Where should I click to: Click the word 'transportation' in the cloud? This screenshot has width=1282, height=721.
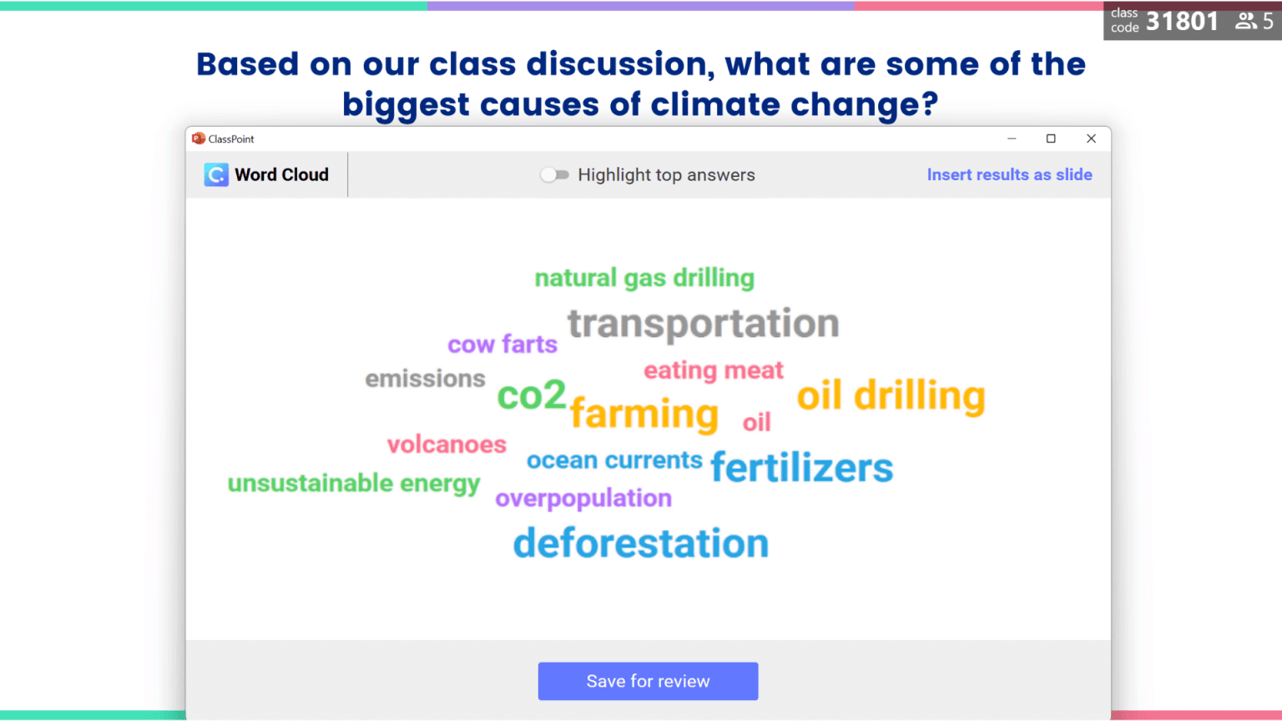tap(703, 324)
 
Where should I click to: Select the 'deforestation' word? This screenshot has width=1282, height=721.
tap(640, 543)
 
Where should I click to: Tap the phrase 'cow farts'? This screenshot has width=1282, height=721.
tap(502, 344)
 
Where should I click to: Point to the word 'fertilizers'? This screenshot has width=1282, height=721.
tap(801, 467)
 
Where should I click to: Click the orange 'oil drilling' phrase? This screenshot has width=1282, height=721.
tap(891, 396)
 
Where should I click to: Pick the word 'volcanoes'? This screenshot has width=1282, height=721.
tap(447, 444)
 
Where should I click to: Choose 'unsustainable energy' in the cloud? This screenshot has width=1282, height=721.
tap(353, 483)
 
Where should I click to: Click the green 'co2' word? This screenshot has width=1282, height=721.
tap(531, 395)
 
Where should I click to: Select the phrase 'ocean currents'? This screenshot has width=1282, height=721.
tap(614, 460)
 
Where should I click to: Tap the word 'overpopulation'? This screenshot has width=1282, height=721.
tap(583, 498)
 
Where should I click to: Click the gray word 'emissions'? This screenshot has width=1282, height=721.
tap(425, 379)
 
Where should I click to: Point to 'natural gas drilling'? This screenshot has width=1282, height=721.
tap(644, 278)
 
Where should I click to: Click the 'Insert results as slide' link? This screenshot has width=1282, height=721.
tap(1009, 174)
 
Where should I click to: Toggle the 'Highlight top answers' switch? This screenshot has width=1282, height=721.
tap(554, 174)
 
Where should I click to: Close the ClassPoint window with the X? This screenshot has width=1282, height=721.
tap(1091, 139)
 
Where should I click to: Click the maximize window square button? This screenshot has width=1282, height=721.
tap(1051, 139)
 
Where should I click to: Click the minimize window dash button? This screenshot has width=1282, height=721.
tap(1012, 139)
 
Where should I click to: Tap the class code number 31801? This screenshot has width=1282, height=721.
tap(1182, 21)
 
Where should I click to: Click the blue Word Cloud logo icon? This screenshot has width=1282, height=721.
tap(216, 174)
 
